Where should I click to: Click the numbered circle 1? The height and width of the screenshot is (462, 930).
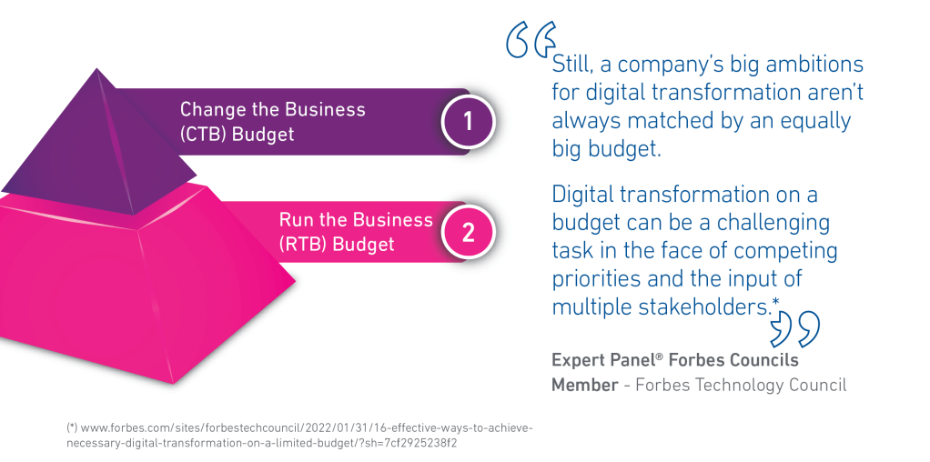pos(468,122)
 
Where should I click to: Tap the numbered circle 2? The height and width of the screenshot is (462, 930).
pos(468,233)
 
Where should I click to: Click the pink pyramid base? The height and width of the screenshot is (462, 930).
pos(142,285)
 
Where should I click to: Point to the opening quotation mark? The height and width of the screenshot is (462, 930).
pos(531,40)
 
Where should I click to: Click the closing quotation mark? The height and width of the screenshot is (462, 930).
pos(794,330)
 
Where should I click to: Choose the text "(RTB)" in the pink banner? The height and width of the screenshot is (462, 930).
pos(302,245)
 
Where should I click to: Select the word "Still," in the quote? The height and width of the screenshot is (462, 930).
pos(573,65)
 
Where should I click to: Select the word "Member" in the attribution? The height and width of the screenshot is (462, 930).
pos(585,385)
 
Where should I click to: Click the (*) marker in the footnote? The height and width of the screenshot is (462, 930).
pos(71,427)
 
